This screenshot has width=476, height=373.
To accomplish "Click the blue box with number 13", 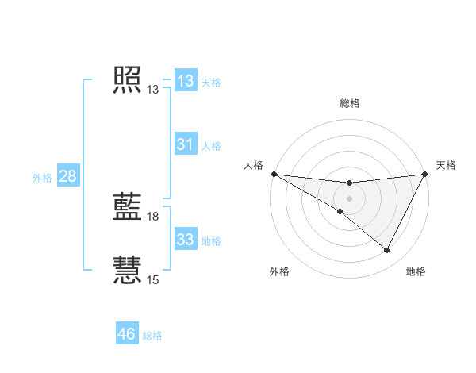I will point(186,81).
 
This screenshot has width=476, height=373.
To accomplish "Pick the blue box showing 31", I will point(186,144).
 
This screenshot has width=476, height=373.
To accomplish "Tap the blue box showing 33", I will point(186,240).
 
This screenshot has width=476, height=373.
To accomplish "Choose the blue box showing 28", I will point(67,176).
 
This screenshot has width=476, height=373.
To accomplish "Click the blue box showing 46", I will point(127,334).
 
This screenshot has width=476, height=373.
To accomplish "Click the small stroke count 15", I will point(153,279).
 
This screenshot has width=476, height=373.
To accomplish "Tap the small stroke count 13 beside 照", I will point(153,90).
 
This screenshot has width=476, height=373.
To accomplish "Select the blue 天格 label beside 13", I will point(211,83).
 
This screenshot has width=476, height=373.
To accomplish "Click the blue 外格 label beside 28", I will point(42,178).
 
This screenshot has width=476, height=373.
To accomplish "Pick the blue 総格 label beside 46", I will point(152,336).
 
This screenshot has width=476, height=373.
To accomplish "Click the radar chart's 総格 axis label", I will point(349,102).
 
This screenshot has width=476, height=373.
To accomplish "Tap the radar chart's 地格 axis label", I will point(416,271).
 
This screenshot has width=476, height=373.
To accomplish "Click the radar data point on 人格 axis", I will point(274,173).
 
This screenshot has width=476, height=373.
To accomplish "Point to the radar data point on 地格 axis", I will point(387,251).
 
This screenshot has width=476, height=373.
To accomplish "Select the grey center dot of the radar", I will point(349,198).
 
